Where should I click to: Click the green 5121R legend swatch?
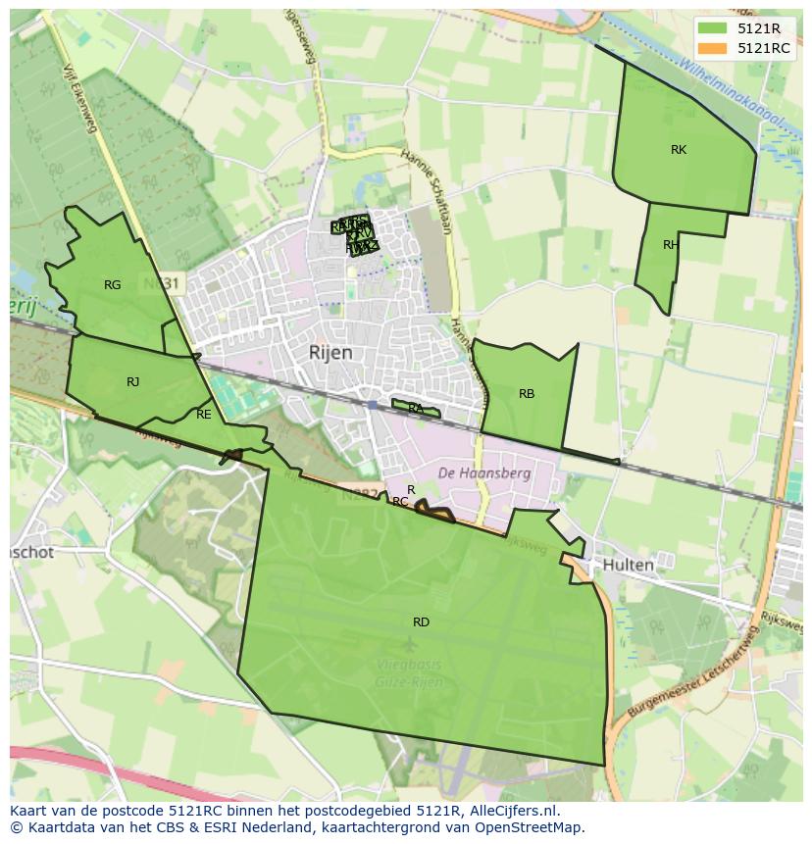click(x=712, y=28)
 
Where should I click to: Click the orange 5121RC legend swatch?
click(x=712, y=48)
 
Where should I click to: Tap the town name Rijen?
click(x=330, y=353)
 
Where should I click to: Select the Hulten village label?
click(x=628, y=566)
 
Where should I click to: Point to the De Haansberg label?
click(x=484, y=473)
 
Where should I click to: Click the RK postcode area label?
click(x=679, y=150)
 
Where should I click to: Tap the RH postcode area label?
click(x=671, y=245)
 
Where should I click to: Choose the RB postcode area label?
click(x=527, y=394)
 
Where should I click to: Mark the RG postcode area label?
click(x=113, y=285)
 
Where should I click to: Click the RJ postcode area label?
click(x=133, y=382)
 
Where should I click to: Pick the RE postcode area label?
click(x=204, y=415)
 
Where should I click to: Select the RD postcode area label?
click(x=421, y=622)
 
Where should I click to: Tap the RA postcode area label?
click(x=416, y=408)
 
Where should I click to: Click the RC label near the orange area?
click(x=400, y=502)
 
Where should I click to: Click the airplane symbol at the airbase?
click(x=409, y=644)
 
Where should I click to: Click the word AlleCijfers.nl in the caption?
click(x=506, y=811)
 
